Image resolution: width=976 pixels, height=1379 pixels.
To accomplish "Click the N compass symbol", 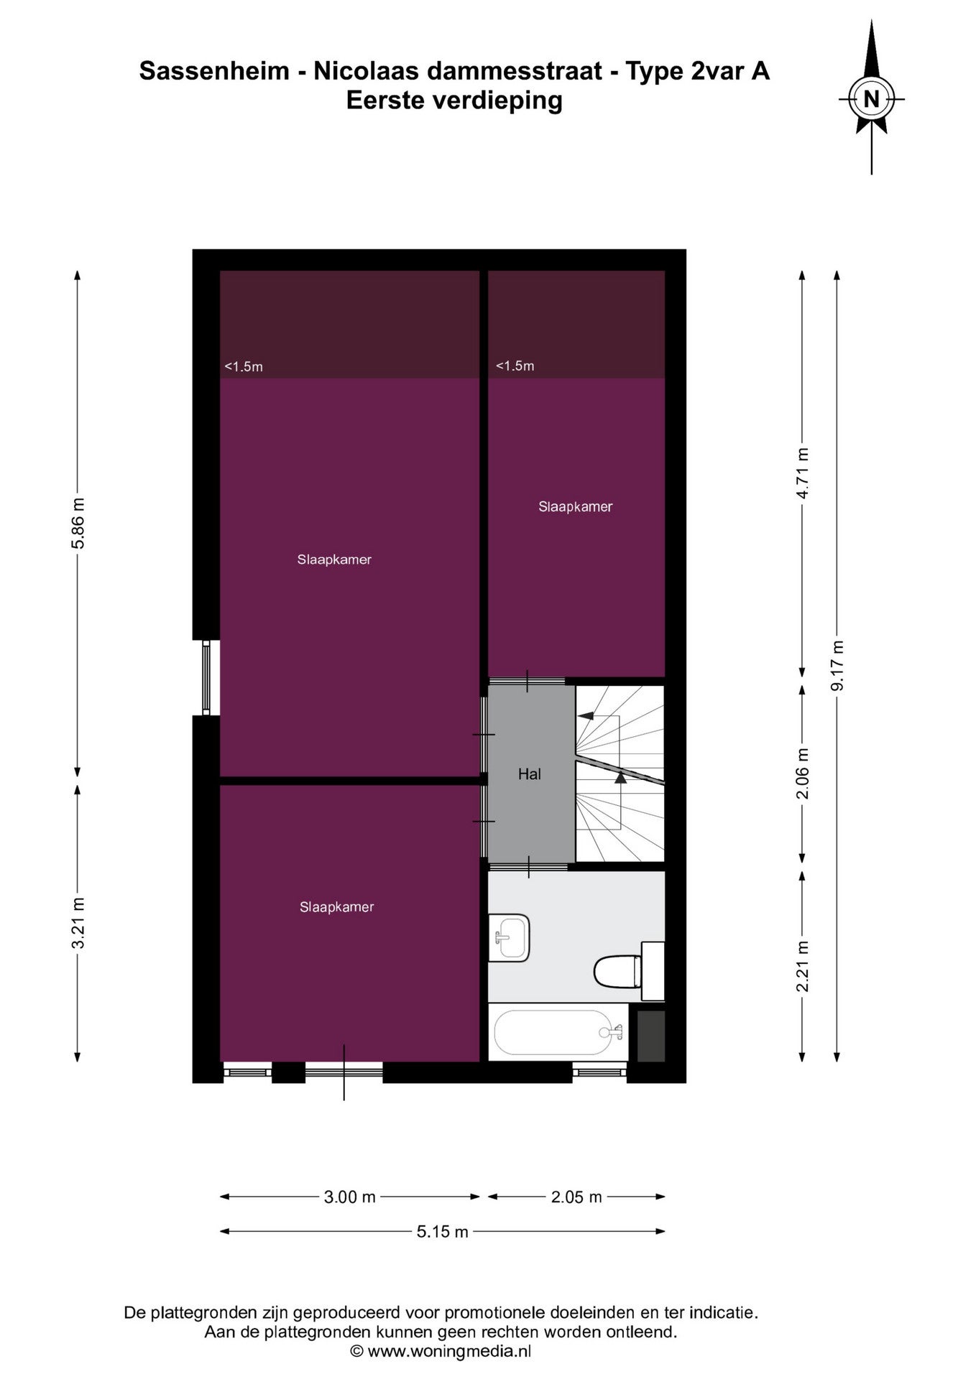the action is pyautogui.click(x=871, y=98).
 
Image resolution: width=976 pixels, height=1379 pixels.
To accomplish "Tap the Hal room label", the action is pyautogui.click(x=530, y=774).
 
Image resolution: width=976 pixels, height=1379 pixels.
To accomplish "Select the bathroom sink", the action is pyautogui.click(x=510, y=937).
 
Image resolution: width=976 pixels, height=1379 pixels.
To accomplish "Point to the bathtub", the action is pyautogui.click(x=558, y=1032).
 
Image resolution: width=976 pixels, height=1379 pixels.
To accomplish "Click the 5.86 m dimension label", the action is pyautogui.click(x=78, y=523).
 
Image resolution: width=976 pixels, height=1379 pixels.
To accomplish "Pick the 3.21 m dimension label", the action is pyautogui.click(x=78, y=923).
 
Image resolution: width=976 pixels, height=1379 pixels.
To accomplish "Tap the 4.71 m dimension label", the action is pyautogui.click(x=803, y=473).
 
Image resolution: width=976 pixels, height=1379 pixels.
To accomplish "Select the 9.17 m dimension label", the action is pyautogui.click(x=837, y=664).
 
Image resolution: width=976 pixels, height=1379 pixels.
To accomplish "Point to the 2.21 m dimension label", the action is pyautogui.click(x=803, y=966).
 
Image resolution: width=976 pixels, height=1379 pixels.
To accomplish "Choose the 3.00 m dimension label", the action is pyautogui.click(x=350, y=1197).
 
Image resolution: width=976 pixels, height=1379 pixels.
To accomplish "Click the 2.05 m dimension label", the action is pyautogui.click(x=576, y=1197).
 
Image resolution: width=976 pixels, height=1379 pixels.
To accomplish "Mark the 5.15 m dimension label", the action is pyautogui.click(x=443, y=1232).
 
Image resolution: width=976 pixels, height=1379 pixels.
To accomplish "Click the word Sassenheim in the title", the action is pyautogui.click(x=213, y=71).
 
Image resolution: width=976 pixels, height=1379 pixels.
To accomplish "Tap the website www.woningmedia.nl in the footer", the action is pyautogui.click(x=449, y=1351).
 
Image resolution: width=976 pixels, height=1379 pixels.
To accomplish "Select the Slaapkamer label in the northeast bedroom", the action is pyautogui.click(x=576, y=506).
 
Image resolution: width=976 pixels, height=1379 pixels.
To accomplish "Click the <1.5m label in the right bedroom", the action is pyautogui.click(x=515, y=366).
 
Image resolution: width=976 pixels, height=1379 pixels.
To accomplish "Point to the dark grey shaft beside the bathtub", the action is pyautogui.click(x=651, y=1036).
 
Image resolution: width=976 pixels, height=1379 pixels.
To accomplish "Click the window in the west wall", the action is pyautogui.click(x=206, y=677).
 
